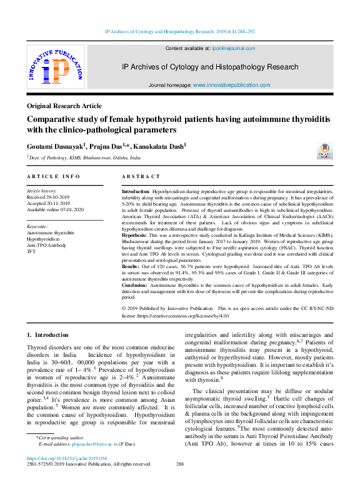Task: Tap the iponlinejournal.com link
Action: click(x=232, y=48)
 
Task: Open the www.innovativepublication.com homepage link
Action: click(x=231, y=85)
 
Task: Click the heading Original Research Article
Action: click(x=64, y=106)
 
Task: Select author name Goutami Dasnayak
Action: click(x=55, y=146)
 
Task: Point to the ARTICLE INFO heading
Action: click(x=53, y=177)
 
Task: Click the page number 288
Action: click(x=180, y=464)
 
